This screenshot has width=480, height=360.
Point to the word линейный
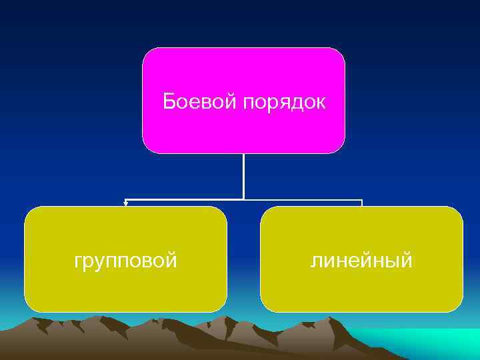(x=361, y=260)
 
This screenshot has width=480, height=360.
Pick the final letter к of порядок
(x=321, y=103)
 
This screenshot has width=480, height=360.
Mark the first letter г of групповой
(x=78, y=261)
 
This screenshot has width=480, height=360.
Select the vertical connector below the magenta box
(x=243, y=176)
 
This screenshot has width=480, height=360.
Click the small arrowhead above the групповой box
(x=125, y=203)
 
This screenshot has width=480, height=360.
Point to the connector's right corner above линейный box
(x=361, y=200)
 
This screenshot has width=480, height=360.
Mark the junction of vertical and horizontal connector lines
(x=243, y=199)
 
